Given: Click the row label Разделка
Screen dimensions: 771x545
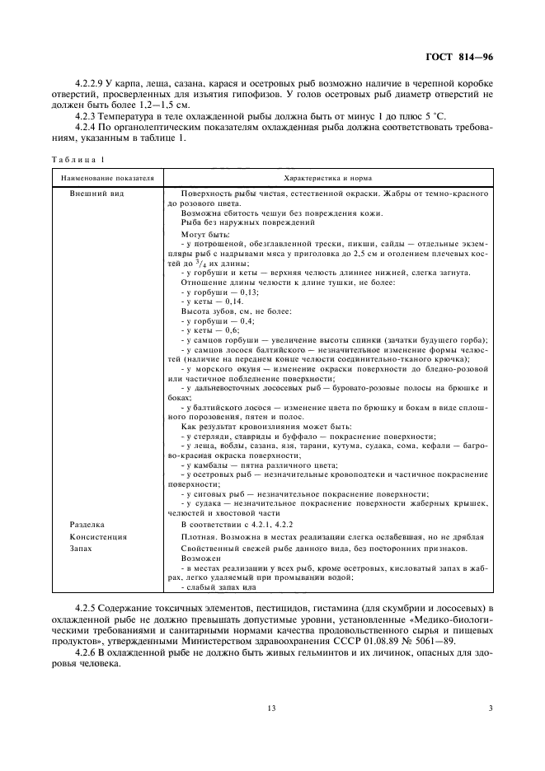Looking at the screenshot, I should [87, 524].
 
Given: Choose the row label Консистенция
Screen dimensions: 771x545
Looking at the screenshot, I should [98, 536].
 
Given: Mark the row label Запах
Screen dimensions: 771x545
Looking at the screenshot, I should [81, 548].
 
